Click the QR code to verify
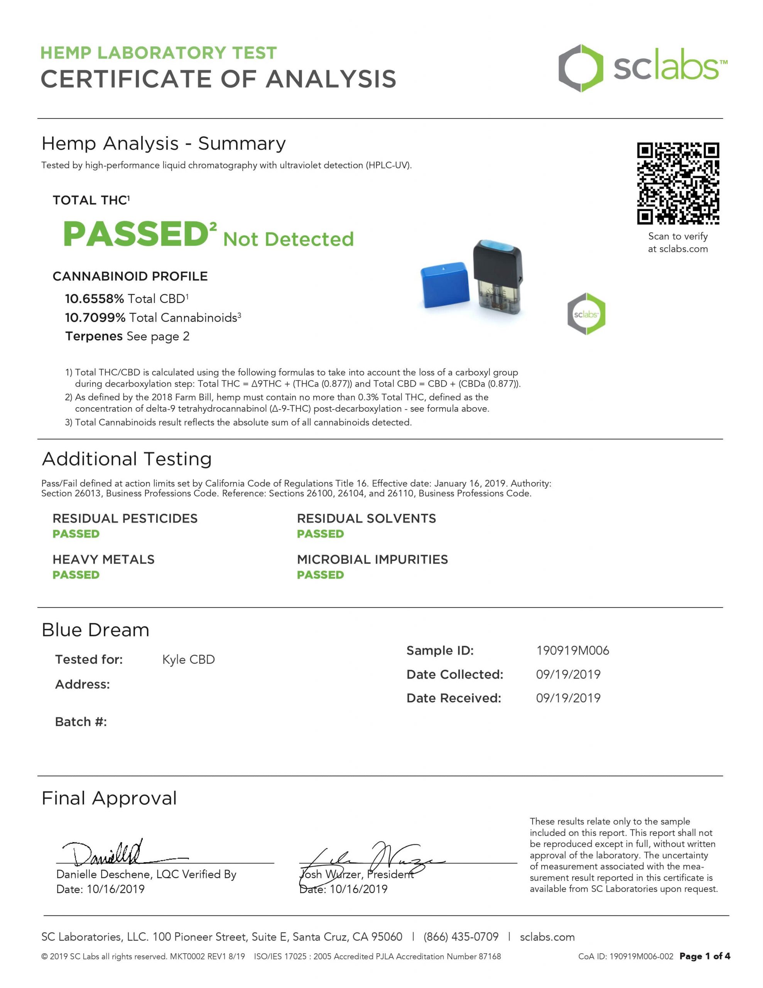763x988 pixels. point(677,183)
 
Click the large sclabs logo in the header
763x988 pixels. point(643,68)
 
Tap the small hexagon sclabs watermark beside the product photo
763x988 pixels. point(586,313)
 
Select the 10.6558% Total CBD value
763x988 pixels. point(94,299)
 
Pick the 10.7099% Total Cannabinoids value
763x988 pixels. point(95,318)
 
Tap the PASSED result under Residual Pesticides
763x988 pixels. point(76,534)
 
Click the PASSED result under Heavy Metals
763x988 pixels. point(76,575)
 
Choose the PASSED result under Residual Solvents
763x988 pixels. point(320,534)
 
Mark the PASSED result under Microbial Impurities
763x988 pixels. point(320,575)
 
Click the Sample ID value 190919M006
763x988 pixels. point(572,651)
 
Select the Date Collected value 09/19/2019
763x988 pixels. point(568,675)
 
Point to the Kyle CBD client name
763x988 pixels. point(188,660)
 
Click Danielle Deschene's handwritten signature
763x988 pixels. point(108,853)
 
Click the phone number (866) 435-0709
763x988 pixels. point(461,937)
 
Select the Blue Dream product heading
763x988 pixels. point(95,630)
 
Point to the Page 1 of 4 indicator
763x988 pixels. point(705,956)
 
